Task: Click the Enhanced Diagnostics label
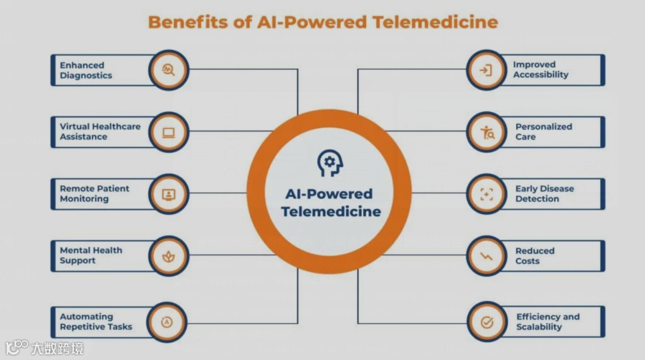click(86, 70)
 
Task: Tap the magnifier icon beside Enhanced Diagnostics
click(168, 70)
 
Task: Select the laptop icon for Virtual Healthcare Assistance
click(168, 132)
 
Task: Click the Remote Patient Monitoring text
click(94, 193)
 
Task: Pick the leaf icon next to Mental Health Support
click(168, 256)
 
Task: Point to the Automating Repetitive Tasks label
click(96, 322)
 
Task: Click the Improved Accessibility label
click(540, 70)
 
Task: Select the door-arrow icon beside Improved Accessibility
click(486, 70)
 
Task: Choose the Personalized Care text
click(543, 132)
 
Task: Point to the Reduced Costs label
click(535, 256)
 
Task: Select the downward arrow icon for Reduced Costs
click(486, 256)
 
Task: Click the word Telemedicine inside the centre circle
click(331, 212)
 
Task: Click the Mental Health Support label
click(91, 256)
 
